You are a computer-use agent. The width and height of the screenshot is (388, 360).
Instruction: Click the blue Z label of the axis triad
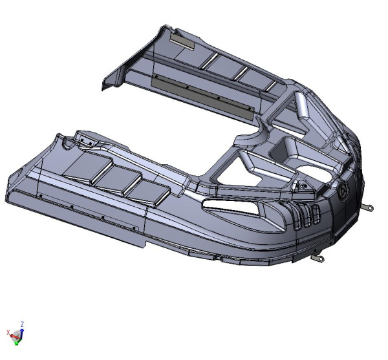(x=22, y=324)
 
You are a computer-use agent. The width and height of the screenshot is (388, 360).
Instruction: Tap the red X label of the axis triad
(x=8, y=332)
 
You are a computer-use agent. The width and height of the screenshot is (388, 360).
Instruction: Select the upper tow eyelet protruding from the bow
(x=368, y=207)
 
